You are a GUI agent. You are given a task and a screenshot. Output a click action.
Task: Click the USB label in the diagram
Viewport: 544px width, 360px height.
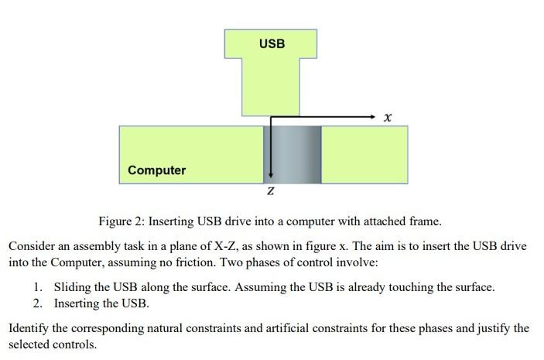click(272, 43)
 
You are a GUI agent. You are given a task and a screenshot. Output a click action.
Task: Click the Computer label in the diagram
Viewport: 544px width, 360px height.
click(156, 170)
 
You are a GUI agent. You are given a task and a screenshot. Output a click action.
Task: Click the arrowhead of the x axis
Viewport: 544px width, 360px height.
click(372, 116)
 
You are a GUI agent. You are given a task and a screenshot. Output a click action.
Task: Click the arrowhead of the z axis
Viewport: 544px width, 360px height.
click(272, 176)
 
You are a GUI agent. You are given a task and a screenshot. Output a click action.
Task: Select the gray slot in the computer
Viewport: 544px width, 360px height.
click(293, 155)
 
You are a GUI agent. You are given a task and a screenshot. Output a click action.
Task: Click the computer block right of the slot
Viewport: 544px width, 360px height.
click(364, 155)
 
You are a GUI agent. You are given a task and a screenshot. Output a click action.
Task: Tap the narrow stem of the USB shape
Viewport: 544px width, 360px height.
click(270, 89)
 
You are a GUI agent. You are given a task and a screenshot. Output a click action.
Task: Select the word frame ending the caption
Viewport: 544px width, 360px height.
click(425, 221)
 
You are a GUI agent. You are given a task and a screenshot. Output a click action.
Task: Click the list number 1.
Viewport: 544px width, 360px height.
click(39, 287)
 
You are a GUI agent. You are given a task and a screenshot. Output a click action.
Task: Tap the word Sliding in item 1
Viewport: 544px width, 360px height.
click(72, 287)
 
